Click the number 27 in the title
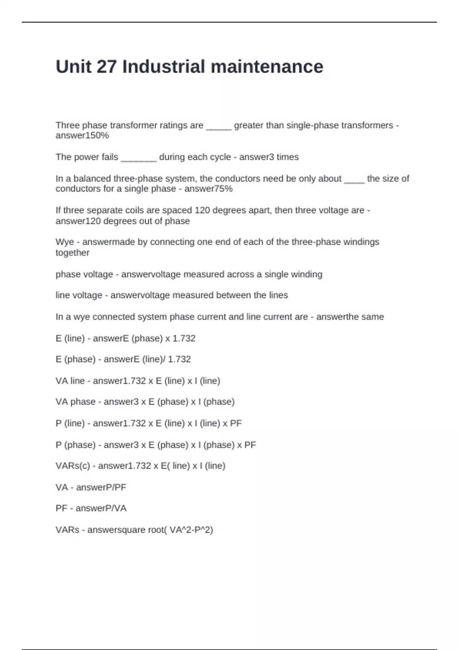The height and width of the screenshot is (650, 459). point(107,67)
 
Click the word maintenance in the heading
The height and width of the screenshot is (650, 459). point(267,67)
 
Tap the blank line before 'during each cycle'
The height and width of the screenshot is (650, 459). point(138,158)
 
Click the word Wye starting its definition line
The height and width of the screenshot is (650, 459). point(65,242)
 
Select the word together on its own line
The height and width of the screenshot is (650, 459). point(72,253)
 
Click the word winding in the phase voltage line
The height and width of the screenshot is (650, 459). point(309,275)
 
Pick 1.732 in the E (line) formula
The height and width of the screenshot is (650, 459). point(184,338)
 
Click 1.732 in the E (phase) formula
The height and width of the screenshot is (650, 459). point(179,359)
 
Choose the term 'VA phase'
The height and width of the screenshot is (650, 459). point(75,402)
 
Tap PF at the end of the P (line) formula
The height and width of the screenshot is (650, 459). point(236,423)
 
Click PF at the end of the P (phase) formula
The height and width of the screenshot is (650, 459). point(250,445)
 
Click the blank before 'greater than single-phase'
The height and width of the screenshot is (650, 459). point(218,126)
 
